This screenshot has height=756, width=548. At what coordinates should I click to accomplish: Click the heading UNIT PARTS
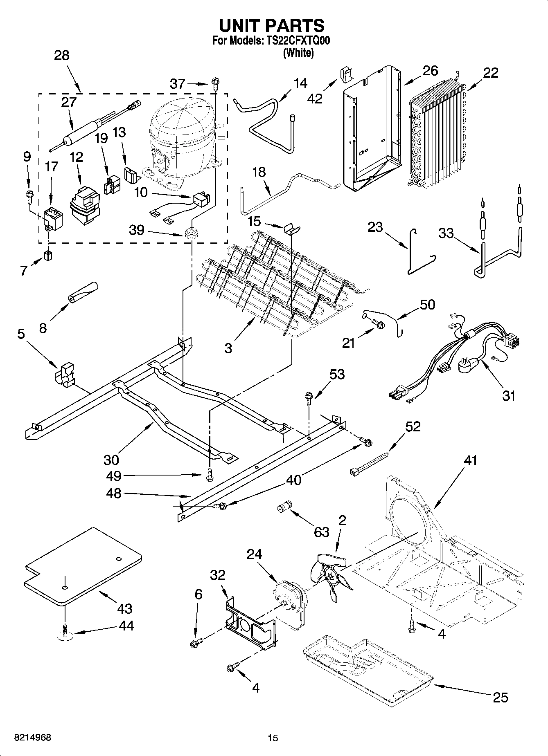[x=272, y=25]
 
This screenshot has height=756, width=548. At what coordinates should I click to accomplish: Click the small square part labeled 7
[x=49, y=256]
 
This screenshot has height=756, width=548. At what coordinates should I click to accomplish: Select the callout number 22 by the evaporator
[x=490, y=73]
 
